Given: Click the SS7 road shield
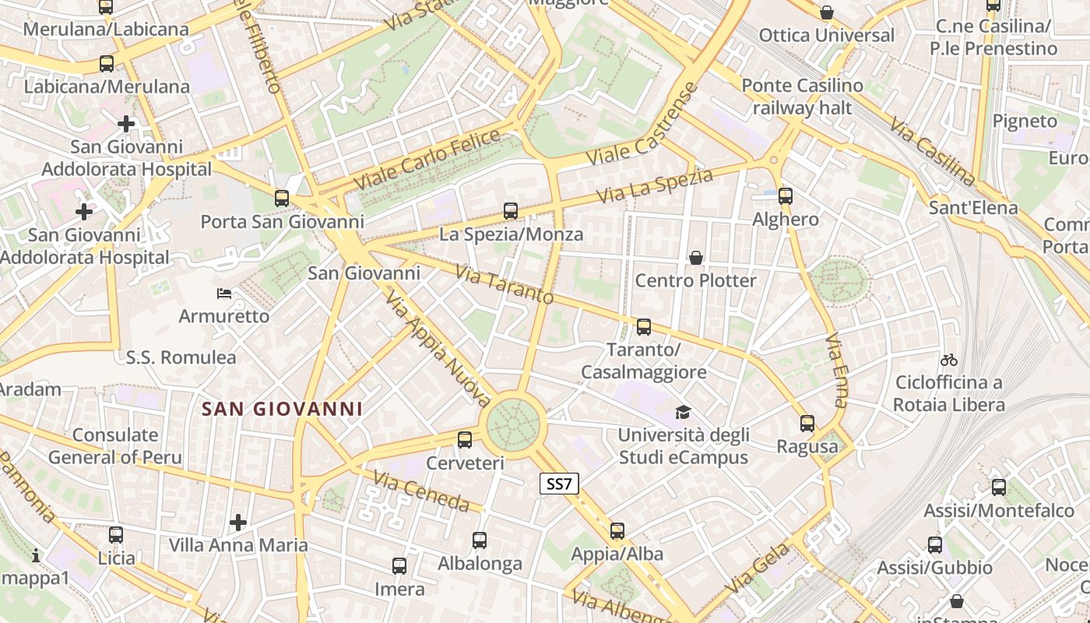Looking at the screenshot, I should (559, 484).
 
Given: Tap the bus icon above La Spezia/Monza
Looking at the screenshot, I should (511, 210).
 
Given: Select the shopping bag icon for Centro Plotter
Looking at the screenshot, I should (696, 257).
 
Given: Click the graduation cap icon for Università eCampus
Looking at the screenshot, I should (683, 412).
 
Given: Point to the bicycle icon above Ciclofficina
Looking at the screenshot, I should (948, 360).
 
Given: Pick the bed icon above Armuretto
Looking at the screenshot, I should (224, 294).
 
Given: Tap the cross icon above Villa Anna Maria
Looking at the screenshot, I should (238, 522).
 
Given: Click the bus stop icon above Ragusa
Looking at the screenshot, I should (807, 424).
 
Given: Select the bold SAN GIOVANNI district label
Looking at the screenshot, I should (283, 409).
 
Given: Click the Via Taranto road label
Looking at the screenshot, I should (505, 285).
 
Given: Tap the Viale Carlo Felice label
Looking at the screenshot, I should (427, 160).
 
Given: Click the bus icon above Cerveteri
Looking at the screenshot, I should (465, 440).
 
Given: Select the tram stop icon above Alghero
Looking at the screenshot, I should (786, 196).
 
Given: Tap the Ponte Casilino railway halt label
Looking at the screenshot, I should (802, 97).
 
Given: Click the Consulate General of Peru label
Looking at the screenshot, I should (115, 446).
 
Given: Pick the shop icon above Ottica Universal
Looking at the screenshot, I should (827, 13).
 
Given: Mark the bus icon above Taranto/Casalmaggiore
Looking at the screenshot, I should (644, 327).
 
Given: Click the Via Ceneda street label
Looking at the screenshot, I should (420, 491).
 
